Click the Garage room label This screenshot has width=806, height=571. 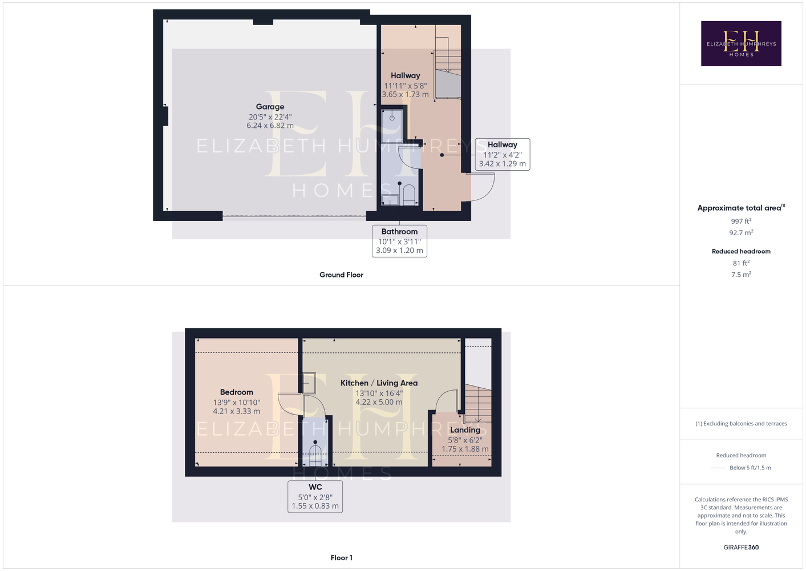[270, 107]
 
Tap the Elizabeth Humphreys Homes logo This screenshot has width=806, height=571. [741, 43]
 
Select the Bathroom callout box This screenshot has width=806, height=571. [399, 241]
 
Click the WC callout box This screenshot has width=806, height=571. [315, 496]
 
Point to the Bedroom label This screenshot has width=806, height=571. [236, 392]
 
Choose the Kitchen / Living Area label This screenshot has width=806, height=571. [379, 383]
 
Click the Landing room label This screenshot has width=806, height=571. [465, 430]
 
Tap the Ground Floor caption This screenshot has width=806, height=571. [341, 275]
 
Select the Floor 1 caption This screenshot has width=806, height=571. [342, 558]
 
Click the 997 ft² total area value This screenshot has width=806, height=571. [741, 221]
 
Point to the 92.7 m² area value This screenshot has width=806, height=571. [741, 233]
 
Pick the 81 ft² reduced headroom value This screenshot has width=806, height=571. [741, 263]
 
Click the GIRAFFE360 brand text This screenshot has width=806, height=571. [741, 547]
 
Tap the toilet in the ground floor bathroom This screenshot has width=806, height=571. [409, 195]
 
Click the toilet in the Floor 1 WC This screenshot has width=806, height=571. [315, 456]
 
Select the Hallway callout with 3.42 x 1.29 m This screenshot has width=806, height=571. [503, 154]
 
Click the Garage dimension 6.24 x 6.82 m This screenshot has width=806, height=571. [270, 126]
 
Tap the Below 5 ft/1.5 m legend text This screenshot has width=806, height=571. [750, 468]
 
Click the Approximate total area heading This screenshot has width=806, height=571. [741, 208]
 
